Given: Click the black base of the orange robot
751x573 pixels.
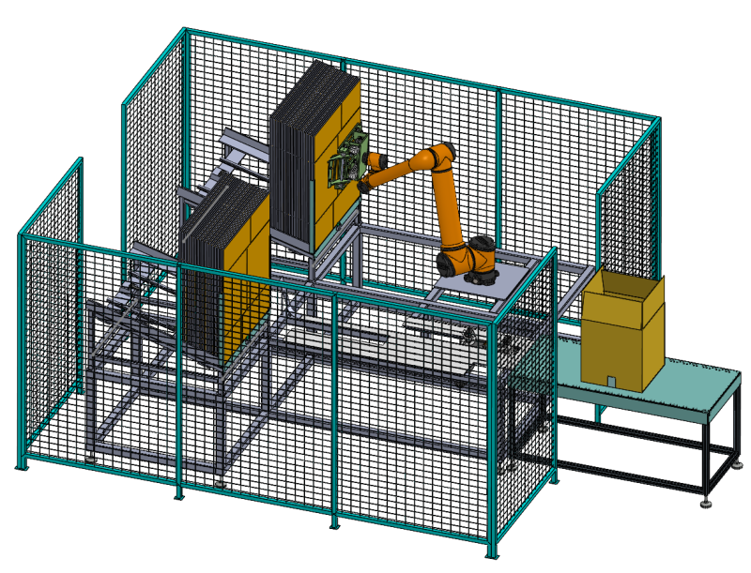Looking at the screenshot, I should pos(482,275).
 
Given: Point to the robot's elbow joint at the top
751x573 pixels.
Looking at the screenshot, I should pos(441,156).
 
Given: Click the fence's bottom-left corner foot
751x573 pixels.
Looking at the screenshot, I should pos(20,466).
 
